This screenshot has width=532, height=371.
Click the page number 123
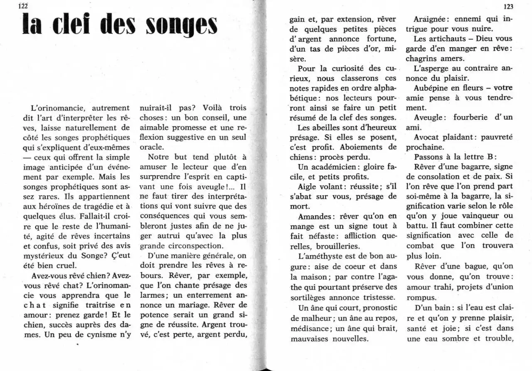click(507, 7)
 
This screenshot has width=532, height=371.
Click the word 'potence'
click(155, 315)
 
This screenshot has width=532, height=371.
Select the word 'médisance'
click(310, 329)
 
